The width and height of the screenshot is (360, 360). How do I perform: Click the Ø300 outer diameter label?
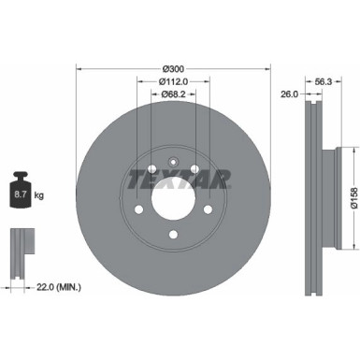172,68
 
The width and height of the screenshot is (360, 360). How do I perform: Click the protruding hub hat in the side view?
326,196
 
